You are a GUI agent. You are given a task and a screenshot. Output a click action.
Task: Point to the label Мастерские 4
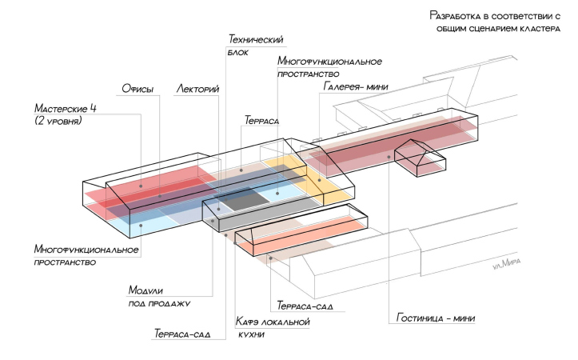[69, 108]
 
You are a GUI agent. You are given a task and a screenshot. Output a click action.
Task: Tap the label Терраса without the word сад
[261, 120]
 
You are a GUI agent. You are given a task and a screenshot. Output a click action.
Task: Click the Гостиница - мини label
[436, 318]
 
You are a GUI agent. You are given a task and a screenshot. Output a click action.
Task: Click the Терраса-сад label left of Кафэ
[182, 333]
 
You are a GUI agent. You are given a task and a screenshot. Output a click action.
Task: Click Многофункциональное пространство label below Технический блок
[329, 67]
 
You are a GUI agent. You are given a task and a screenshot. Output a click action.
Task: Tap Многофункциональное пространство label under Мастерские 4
[86, 255]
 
